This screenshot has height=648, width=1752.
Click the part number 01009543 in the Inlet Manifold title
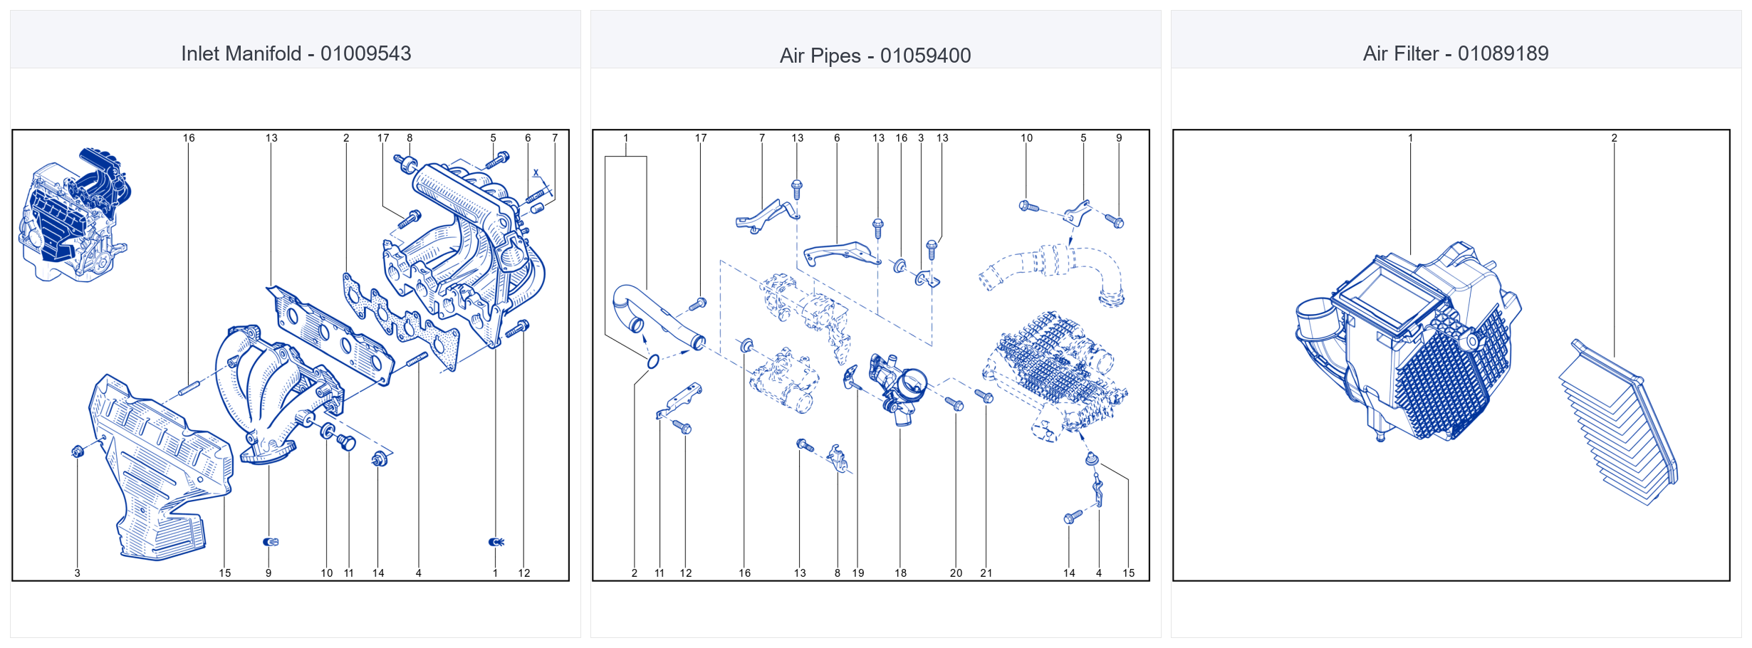(365, 53)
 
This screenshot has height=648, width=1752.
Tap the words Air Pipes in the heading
(820, 56)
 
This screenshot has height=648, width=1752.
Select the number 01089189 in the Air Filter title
(1503, 53)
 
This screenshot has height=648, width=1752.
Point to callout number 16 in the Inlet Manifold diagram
(189, 138)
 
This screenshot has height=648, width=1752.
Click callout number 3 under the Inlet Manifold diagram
(78, 573)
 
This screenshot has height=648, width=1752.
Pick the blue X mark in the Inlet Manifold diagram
(536, 173)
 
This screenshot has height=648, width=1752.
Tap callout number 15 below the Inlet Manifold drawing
(225, 573)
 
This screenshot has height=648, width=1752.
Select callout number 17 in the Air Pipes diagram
(701, 138)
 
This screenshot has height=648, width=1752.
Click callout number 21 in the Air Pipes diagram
(986, 573)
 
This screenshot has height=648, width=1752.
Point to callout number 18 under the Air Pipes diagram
(901, 573)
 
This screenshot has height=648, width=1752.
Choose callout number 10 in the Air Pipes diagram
(1026, 138)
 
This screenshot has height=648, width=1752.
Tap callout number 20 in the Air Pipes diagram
(956, 573)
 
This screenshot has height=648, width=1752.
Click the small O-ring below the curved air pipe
(653, 362)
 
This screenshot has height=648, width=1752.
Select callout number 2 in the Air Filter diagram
(1614, 138)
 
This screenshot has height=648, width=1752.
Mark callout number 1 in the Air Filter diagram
(1410, 138)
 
